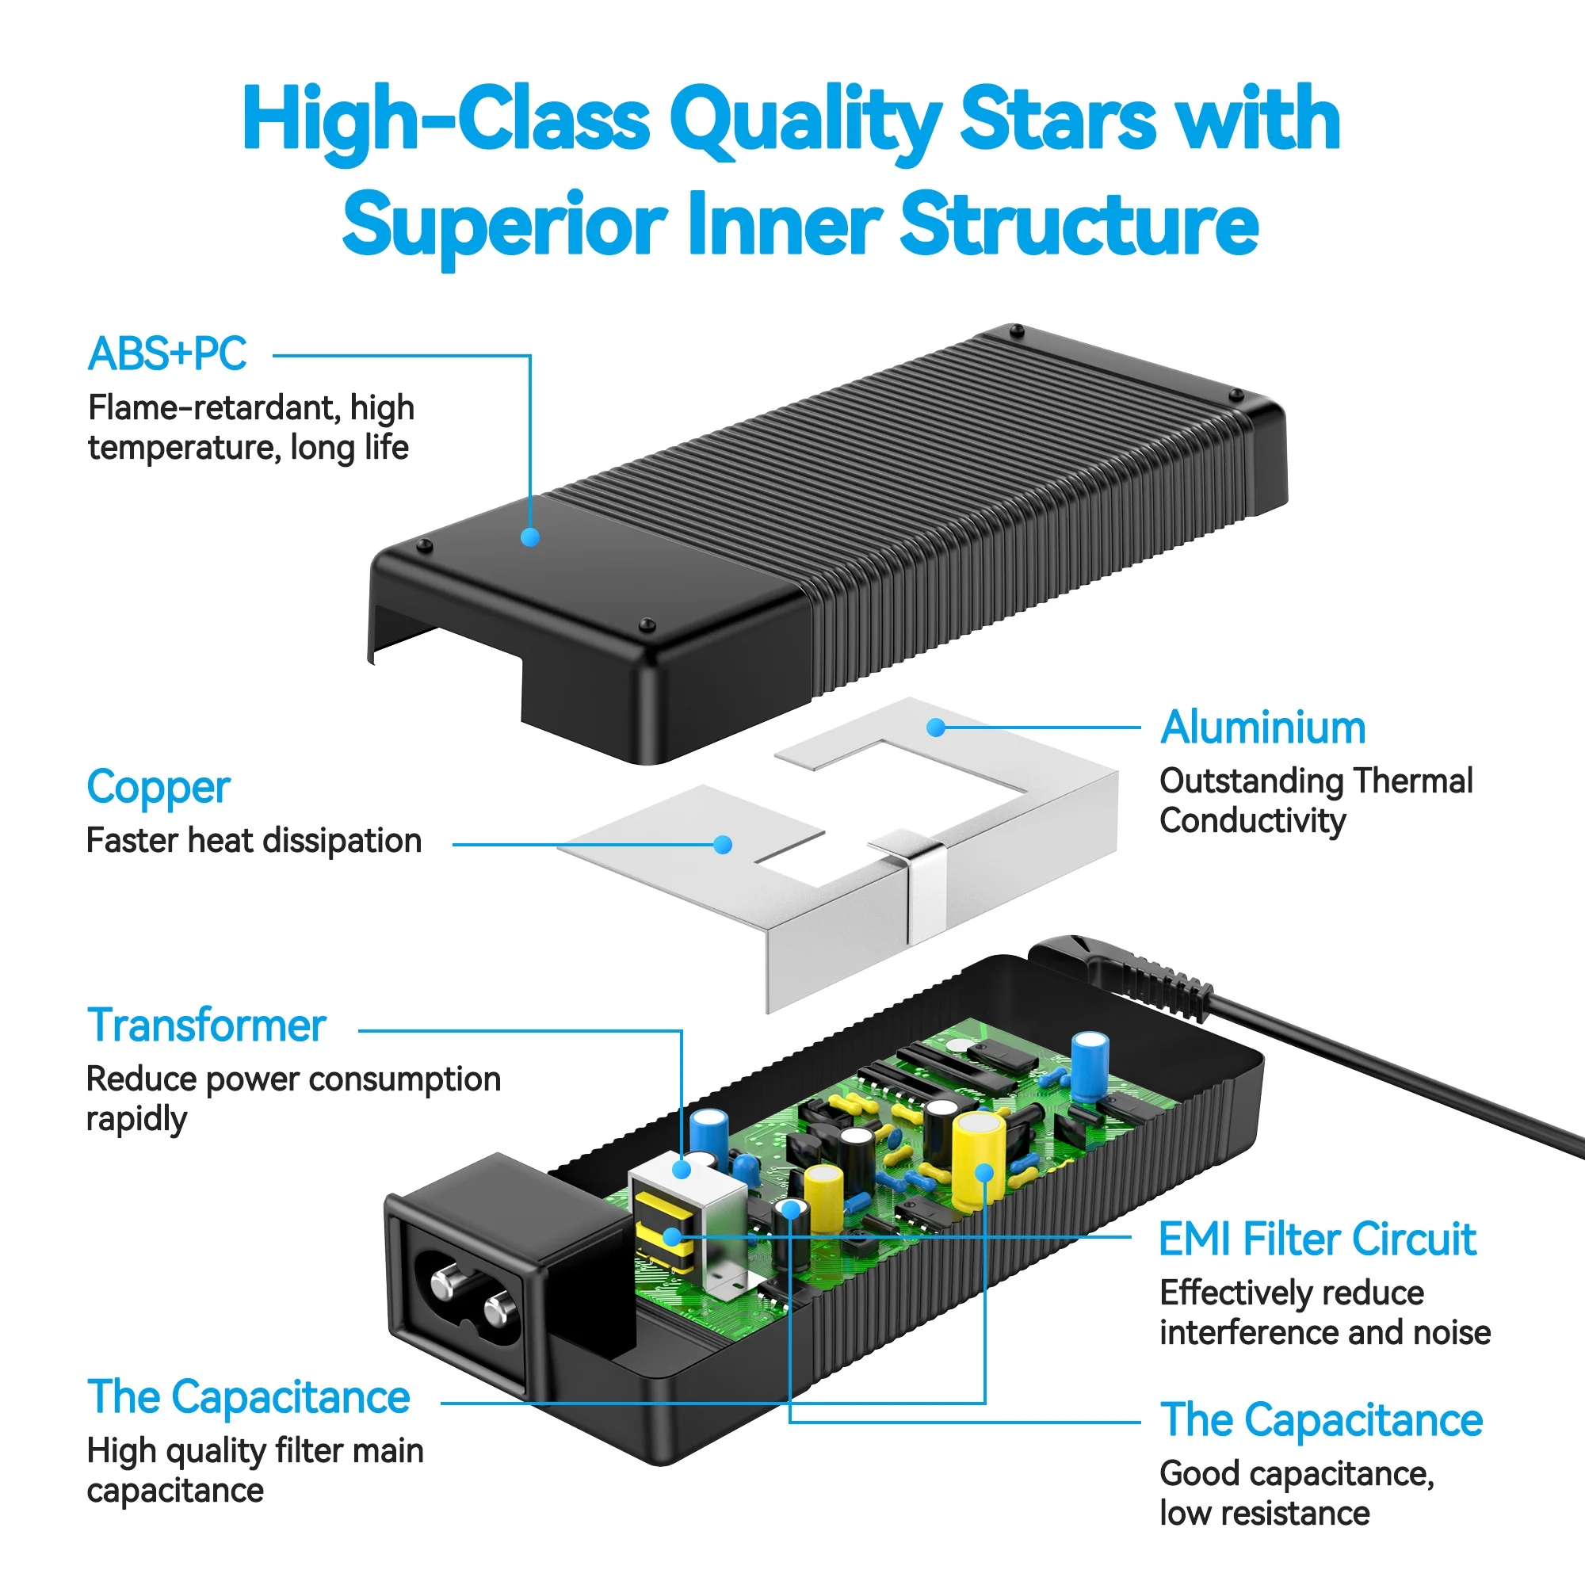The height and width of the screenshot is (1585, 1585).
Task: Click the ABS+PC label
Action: pyautogui.click(x=166, y=354)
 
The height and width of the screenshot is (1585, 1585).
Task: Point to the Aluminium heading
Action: pyautogui.click(x=1262, y=728)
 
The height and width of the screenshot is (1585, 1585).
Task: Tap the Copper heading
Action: pyautogui.click(x=158, y=788)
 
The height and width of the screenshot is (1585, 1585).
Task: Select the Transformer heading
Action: pyautogui.click(x=207, y=1025)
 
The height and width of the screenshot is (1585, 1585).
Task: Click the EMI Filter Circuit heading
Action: pyautogui.click(x=1316, y=1239)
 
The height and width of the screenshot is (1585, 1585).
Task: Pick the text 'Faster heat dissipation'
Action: pyautogui.click(x=254, y=841)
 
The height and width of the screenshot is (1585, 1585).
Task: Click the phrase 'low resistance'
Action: pyautogui.click(x=1264, y=1514)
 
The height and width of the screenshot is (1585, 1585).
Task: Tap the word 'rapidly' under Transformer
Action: pyautogui.click(x=137, y=1119)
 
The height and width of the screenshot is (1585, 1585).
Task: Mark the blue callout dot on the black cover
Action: pyautogui.click(x=530, y=537)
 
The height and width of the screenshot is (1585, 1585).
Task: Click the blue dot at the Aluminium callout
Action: pyautogui.click(x=935, y=728)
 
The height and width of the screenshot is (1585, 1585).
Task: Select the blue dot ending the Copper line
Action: pyautogui.click(x=723, y=845)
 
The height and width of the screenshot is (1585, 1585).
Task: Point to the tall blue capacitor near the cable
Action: pyautogui.click(x=1090, y=1066)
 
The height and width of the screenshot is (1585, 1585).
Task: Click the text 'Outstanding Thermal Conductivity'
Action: pyautogui.click(x=1315, y=800)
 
